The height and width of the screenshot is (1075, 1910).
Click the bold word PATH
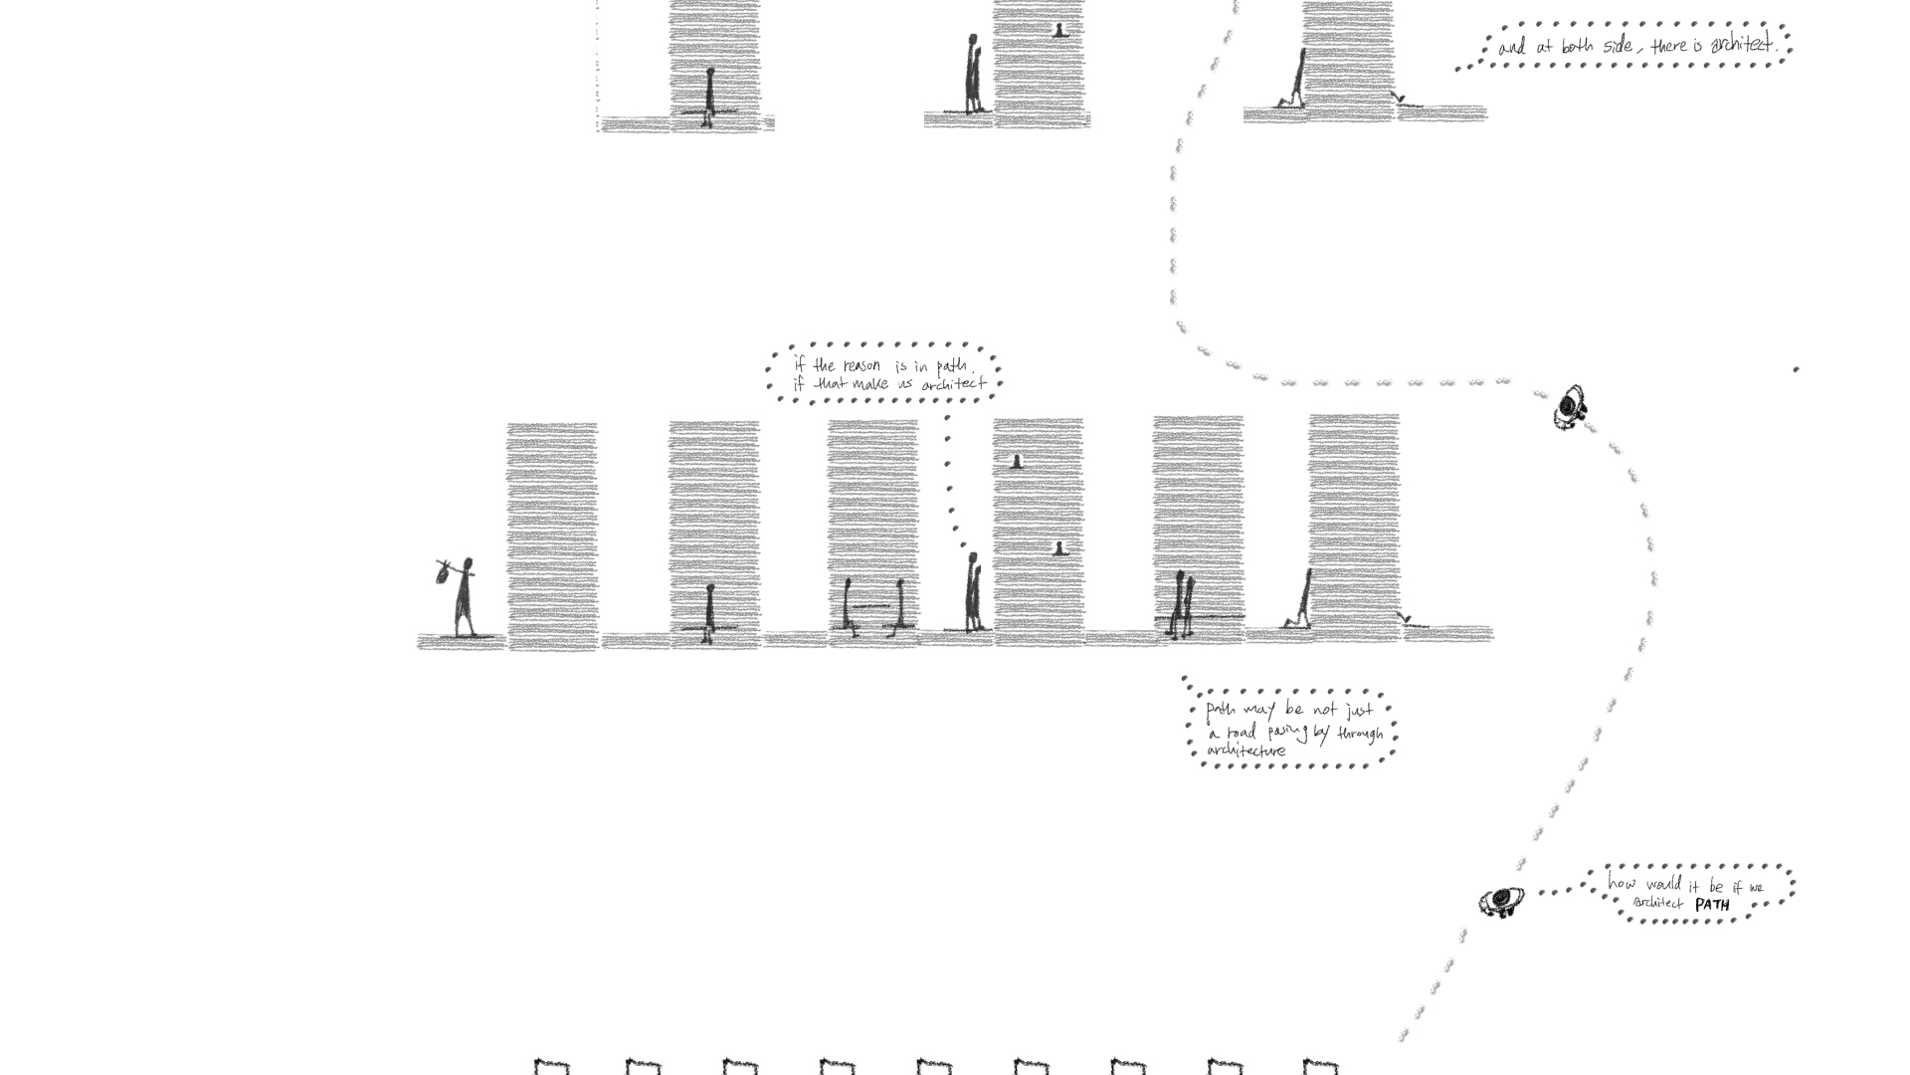[x=1712, y=905]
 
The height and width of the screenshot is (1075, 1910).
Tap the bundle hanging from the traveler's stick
[x=443, y=572]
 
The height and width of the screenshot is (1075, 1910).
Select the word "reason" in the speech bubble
[x=862, y=365]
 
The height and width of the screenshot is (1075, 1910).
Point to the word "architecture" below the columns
[x=1246, y=751]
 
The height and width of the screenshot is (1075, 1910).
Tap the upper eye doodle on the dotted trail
[x=1571, y=406]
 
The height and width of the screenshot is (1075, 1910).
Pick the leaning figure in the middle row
[x=1299, y=601]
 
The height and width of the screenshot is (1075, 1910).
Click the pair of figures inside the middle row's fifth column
[x=1181, y=604]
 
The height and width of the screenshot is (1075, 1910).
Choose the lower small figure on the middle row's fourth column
[x=1061, y=547]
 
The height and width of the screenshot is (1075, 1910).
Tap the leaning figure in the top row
[x=1292, y=80]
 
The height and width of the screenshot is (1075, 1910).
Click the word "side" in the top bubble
[x=1617, y=46]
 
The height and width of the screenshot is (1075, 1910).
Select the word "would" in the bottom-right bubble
[x=1661, y=885]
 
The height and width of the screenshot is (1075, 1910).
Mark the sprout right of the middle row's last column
[x=1405, y=620]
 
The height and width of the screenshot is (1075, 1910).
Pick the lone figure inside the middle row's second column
[x=709, y=612]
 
